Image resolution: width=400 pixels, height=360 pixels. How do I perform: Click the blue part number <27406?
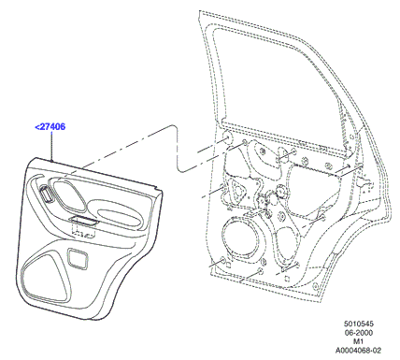(50, 127)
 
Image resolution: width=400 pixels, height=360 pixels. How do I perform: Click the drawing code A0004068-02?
(358, 351)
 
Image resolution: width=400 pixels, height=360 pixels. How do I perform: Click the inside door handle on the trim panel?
(47, 194)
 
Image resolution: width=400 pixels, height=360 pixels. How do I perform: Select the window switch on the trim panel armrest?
(83, 221)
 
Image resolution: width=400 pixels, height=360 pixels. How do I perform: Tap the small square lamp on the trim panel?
(78, 258)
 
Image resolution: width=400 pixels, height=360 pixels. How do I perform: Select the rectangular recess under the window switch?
(83, 231)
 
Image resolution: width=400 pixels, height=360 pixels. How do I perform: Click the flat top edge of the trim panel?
(96, 172)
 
